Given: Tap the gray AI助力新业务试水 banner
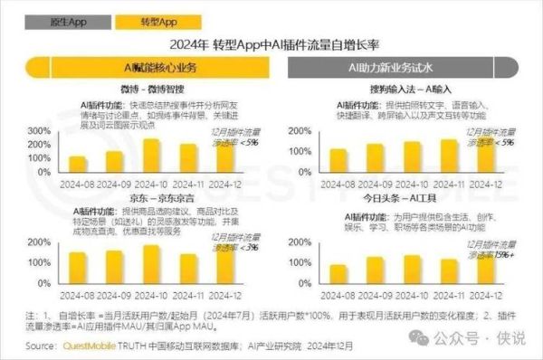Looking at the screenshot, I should pyautogui.click(x=407, y=68).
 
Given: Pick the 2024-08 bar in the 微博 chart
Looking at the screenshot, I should pyautogui.click(x=79, y=164).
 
